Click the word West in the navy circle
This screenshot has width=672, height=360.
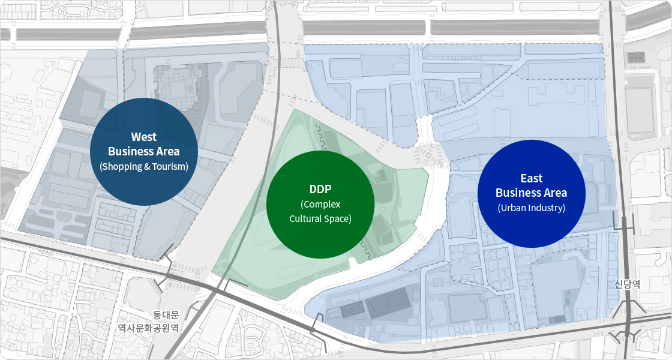coord(144,137)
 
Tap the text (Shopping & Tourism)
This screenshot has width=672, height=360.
coord(144,166)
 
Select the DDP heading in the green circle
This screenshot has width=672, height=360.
coord(320,190)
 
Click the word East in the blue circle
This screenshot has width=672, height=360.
coord(532,178)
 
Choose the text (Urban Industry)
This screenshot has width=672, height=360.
coord(532,208)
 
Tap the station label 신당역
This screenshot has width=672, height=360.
coord(627,284)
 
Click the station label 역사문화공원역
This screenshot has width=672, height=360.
coord(148,328)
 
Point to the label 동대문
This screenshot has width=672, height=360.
coord(166,314)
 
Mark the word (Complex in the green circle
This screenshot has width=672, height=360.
coord(320,205)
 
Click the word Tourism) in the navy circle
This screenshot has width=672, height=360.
coord(170,166)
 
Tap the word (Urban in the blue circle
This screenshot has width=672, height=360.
coord(511,208)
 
